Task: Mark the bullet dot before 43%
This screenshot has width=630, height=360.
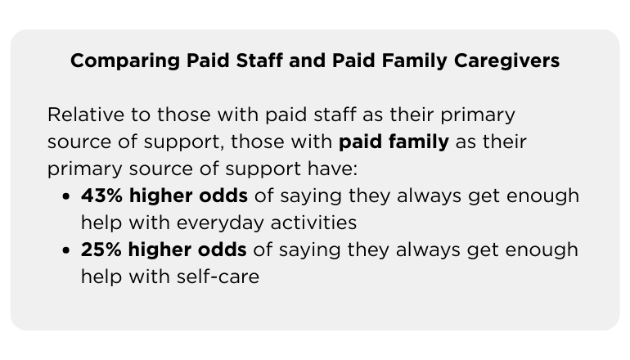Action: [x=65, y=197]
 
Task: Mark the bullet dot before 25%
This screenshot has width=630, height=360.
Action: [x=65, y=251]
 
